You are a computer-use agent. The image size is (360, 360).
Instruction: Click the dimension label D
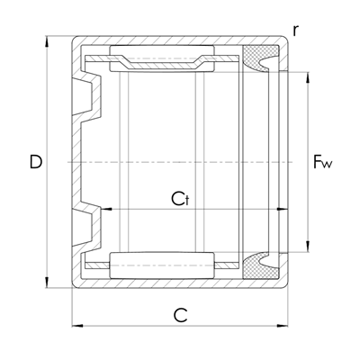click(36, 161)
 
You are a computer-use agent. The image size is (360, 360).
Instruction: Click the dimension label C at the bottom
click(180, 315)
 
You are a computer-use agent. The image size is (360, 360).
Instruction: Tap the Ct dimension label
click(181, 199)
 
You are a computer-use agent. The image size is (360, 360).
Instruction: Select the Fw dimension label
click(323, 161)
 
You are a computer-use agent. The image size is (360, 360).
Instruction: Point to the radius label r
click(296, 31)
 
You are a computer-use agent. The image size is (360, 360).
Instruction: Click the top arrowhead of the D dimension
click(46, 41)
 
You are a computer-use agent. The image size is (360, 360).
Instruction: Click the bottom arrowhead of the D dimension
click(46, 283)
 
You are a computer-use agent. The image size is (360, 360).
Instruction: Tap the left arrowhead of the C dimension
click(77, 326)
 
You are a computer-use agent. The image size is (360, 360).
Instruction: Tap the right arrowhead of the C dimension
click(283, 326)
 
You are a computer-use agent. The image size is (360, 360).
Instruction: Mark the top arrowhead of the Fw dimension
click(308, 77)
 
